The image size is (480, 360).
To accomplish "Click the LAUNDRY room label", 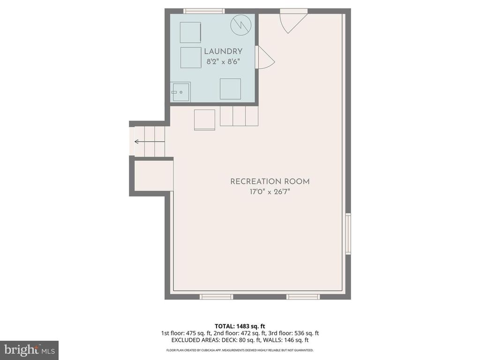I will click(223, 52).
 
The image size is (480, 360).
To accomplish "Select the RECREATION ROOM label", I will click(270, 181).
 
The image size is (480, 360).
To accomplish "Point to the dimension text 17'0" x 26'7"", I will click(270, 192).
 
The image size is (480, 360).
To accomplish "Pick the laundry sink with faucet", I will click(180, 92).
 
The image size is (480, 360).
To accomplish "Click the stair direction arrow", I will click(139, 141).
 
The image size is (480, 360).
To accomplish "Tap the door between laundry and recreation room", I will click(263, 58).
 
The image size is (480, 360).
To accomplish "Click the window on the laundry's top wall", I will click(203, 11).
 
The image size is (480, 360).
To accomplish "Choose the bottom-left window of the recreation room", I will click(216, 296).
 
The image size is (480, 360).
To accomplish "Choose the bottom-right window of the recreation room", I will click(303, 296).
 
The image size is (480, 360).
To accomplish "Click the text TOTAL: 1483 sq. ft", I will click(240, 326).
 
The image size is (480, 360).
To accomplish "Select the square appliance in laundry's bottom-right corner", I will click(230, 89).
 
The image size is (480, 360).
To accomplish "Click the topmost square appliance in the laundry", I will click(190, 32).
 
